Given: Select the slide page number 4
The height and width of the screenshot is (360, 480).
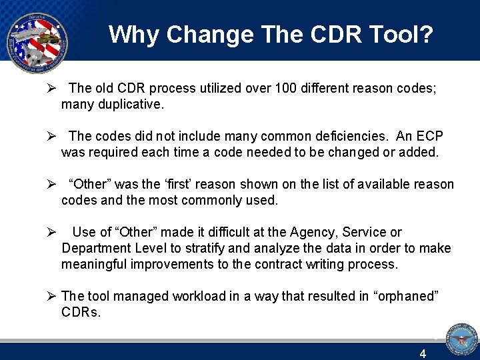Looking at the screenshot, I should point(423,354).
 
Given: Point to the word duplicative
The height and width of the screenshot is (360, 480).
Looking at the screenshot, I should point(131,104).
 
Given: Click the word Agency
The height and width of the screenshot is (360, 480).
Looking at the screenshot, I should point(314,232).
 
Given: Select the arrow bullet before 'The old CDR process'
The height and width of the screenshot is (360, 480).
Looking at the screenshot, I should point(51,88).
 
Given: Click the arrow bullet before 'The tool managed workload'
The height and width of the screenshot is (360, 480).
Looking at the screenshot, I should point(51,296).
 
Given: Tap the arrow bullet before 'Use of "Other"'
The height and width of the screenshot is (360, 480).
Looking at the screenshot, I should point(51,232).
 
